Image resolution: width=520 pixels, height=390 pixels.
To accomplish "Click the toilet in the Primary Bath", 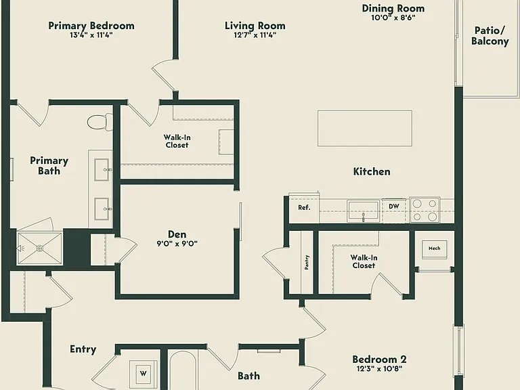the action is tap(100, 122).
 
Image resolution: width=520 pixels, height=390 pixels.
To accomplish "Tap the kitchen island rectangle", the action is tap(365, 129).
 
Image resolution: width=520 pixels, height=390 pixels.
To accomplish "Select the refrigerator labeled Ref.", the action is tap(304, 208).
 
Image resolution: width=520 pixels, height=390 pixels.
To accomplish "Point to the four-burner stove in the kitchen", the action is tap(425, 210).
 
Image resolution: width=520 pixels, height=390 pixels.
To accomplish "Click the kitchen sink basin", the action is tap(363, 211).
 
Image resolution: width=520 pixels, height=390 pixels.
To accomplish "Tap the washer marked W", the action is tap(144, 374).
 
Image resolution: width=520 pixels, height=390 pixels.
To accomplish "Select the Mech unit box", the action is tap(434, 249).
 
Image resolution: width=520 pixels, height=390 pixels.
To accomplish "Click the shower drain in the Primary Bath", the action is tap(40, 248).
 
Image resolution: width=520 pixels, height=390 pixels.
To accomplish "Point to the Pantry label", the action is tap(307, 262).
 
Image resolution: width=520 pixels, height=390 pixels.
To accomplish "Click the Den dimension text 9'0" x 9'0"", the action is tap(177, 244).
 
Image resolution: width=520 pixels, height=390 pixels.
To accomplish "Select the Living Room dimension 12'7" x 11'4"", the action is tap(255, 35).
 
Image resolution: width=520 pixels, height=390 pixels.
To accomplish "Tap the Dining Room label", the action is tap(393, 8).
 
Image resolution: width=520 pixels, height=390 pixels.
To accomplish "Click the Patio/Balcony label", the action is tap(490, 36).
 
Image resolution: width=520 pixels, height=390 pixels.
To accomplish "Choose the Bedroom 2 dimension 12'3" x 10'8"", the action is tap(379, 368).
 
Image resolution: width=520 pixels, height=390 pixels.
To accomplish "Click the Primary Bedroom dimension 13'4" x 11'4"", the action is tap(91, 35).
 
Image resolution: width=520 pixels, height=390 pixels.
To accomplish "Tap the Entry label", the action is tap(83, 349).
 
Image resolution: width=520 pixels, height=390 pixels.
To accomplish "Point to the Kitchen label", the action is tap(372, 171).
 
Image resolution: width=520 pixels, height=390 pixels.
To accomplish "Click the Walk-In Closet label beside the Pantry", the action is tap(364, 261).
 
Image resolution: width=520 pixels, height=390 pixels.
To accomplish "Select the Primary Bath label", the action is tap(49, 166).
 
